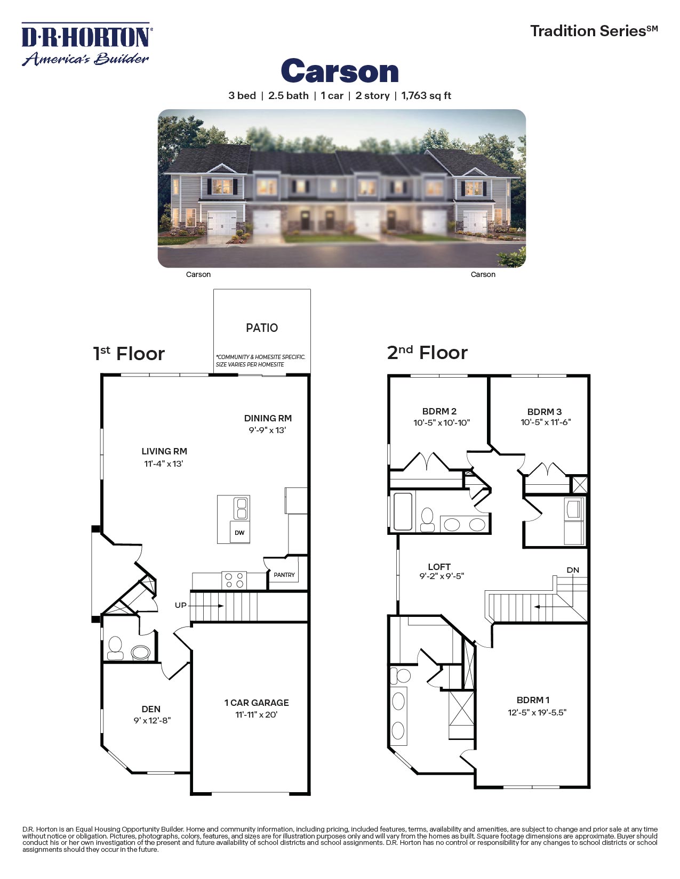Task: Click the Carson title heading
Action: pyautogui.click(x=340, y=71)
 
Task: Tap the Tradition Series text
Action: pyautogui.click(x=594, y=31)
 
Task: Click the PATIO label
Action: pyautogui.click(x=262, y=328)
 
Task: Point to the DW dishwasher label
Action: pyautogui.click(x=239, y=533)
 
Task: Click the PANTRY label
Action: pyautogui.click(x=284, y=575)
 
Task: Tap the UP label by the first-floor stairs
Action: pyautogui.click(x=181, y=605)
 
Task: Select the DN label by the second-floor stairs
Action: pyautogui.click(x=573, y=570)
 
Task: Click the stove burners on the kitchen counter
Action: pyautogui.click(x=234, y=580)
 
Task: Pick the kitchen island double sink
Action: pyautogui.click(x=241, y=508)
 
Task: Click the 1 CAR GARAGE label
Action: pyautogui.click(x=257, y=703)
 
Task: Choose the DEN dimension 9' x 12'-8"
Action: pyautogui.click(x=152, y=721)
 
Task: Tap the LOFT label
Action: pyautogui.click(x=439, y=567)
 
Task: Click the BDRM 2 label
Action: pyautogui.click(x=439, y=411)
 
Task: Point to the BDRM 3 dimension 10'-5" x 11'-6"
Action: pyautogui.click(x=546, y=422)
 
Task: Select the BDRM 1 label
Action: pyautogui.click(x=533, y=700)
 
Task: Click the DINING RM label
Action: pyautogui.click(x=268, y=418)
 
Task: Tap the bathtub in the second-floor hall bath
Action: pyautogui.click(x=403, y=512)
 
